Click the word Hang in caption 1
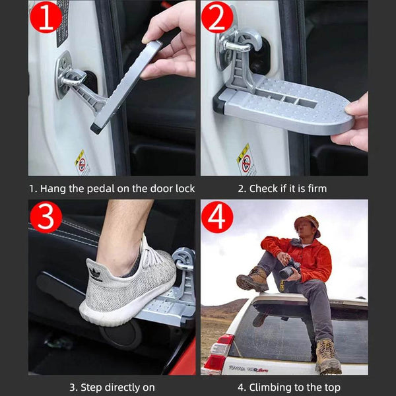[53, 189]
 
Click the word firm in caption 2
[315, 189]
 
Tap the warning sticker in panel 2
[246, 159]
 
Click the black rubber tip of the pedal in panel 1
[96, 126]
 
